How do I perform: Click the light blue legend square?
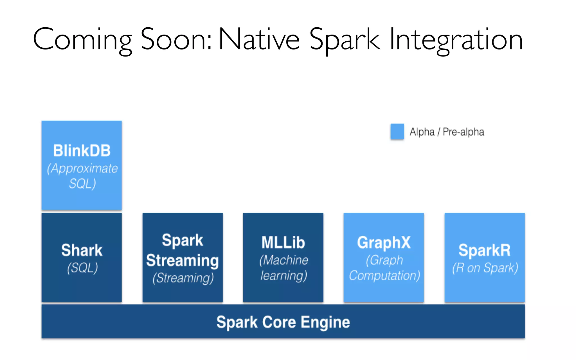(397, 132)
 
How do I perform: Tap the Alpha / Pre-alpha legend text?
(447, 132)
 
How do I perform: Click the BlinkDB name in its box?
(82, 151)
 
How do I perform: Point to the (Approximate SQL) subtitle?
(82, 176)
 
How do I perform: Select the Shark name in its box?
(82, 250)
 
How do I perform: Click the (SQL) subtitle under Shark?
(82, 268)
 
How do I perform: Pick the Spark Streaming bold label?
(183, 250)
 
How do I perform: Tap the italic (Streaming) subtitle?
(183, 278)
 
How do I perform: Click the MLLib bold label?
(283, 242)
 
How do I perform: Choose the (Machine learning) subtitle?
(283, 268)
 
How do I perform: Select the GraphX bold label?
(384, 242)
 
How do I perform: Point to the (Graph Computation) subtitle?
(384, 268)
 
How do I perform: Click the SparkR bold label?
(485, 250)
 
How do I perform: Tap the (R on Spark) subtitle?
(485, 268)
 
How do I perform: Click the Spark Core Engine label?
(283, 322)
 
